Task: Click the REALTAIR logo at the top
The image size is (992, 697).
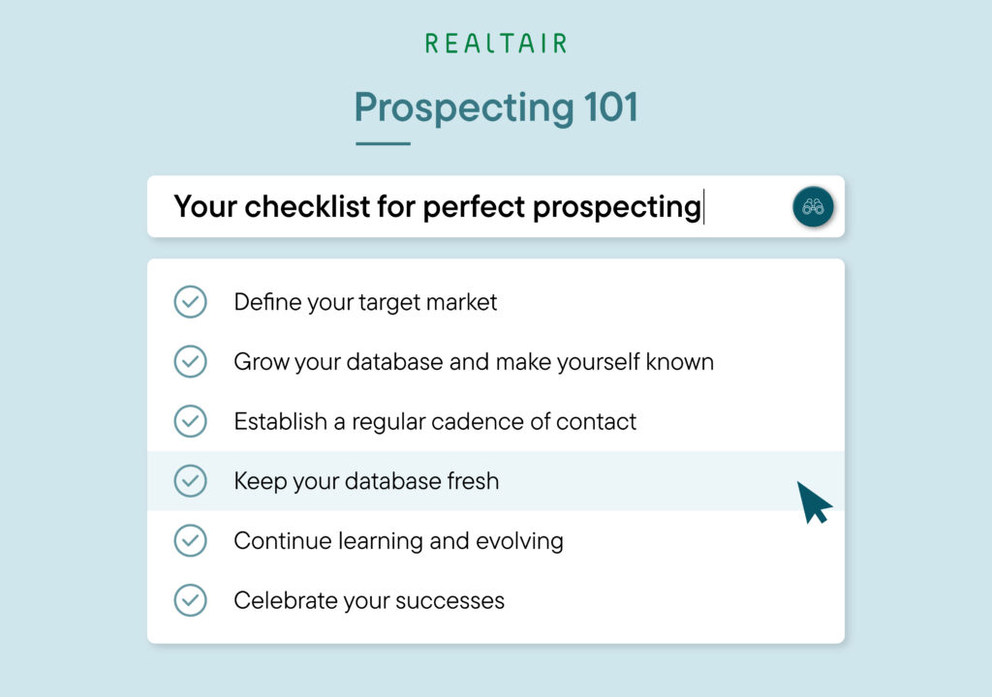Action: [x=495, y=44]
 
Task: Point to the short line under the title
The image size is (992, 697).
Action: [x=383, y=143]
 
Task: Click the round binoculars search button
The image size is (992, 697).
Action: [x=813, y=207]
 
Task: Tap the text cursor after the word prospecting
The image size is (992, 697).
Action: [x=704, y=207]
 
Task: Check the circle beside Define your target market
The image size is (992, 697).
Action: [x=190, y=302]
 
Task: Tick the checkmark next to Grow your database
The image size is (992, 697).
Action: [x=190, y=362]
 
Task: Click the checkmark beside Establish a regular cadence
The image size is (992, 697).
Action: [x=190, y=422]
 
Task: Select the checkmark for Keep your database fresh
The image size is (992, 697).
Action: [x=190, y=481]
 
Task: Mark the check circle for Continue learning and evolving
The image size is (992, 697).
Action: [x=190, y=541]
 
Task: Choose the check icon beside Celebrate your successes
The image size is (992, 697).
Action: [x=190, y=600]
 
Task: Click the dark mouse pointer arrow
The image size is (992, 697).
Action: [x=813, y=500]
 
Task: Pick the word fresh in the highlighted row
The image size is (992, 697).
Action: [x=468, y=481]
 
